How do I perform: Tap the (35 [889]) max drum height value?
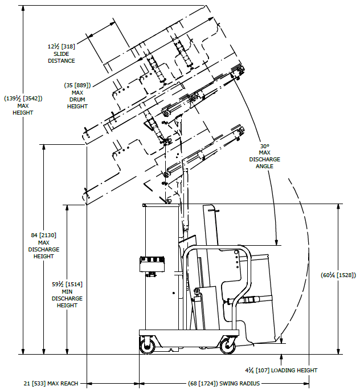tap(77, 86)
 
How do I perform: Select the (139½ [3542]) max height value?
tap(23, 98)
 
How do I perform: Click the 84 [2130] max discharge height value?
tap(44, 235)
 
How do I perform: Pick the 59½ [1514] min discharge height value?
tap(67, 284)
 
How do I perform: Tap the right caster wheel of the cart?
tap(228, 344)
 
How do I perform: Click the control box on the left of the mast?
tap(152, 264)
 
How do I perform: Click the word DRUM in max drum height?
tap(77, 99)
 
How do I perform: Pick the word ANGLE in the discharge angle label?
tap(264, 166)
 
